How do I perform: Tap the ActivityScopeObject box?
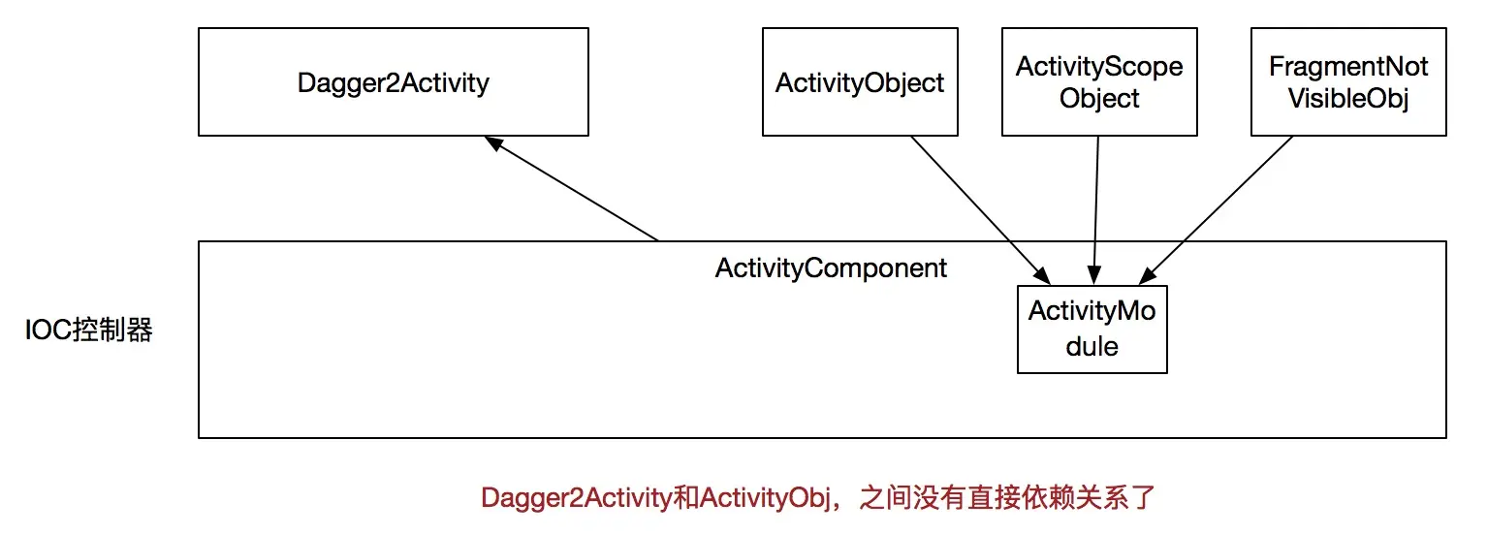[x=1099, y=82]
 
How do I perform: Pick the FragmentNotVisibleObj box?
[x=1348, y=82]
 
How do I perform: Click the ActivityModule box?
[x=1092, y=329]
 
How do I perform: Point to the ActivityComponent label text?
[x=831, y=267]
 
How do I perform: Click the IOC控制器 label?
[x=89, y=330]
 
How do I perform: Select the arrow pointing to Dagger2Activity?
[x=572, y=189]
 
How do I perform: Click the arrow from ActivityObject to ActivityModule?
[x=974, y=205]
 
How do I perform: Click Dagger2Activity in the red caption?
[x=576, y=498]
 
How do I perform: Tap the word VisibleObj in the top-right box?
[x=1348, y=99]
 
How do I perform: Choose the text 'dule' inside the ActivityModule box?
[x=1092, y=346]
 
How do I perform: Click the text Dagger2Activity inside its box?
[x=393, y=82]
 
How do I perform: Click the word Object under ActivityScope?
[x=1099, y=99]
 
